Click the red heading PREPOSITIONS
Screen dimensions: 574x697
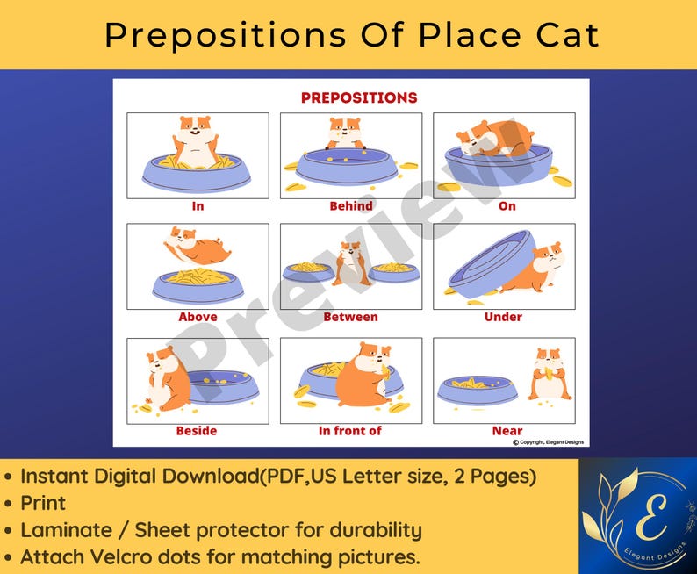click(359, 97)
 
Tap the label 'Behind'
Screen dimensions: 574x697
click(351, 206)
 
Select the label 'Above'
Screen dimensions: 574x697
click(198, 317)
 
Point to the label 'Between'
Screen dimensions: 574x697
click(351, 317)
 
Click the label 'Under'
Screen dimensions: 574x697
click(503, 317)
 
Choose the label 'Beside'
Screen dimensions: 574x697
click(197, 431)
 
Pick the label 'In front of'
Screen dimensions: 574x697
click(350, 431)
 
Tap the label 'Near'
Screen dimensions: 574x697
click(507, 431)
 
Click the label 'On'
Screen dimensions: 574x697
click(507, 206)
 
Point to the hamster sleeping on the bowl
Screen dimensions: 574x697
click(496, 139)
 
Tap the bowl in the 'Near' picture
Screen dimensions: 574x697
click(477, 389)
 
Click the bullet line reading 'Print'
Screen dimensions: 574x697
click(44, 503)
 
